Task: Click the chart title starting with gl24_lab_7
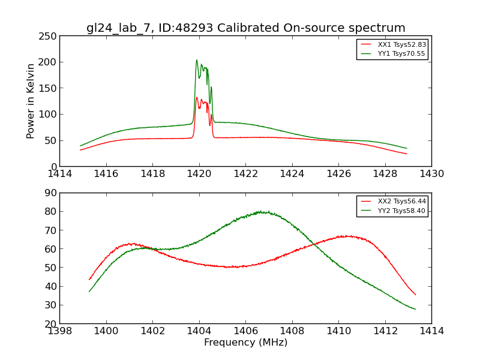[245, 28]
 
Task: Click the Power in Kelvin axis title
[31, 101]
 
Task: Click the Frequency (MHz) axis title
[245, 343]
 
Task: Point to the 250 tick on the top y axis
[49, 36]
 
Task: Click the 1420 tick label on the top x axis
[199, 174]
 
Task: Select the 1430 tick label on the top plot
[431, 174]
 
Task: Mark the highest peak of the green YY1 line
[196, 60]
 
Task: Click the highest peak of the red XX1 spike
[196, 97]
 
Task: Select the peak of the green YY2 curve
[260, 211]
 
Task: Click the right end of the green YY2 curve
[415, 309]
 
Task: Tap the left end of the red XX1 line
[80, 150]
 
